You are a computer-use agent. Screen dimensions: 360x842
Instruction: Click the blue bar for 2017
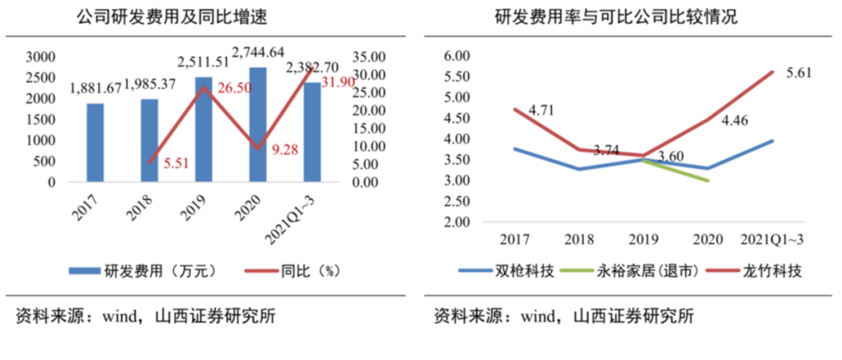[95, 143]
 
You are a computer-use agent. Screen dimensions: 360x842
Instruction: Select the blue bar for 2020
[257, 125]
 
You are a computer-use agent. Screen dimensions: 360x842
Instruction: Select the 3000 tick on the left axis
[41, 57]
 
